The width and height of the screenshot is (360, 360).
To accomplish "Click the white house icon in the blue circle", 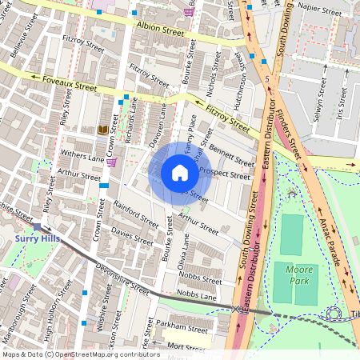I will [x=180, y=173].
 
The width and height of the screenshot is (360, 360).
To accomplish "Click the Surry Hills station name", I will [x=38, y=238].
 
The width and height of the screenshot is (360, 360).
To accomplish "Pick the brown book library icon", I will [x=102, y=130].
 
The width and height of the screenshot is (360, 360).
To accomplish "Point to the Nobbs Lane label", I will [x=197, y=295].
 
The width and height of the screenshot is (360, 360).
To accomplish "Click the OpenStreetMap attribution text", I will [x=80, y=354].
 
